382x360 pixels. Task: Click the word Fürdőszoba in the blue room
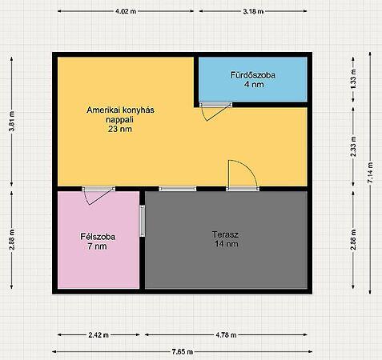point(253,75)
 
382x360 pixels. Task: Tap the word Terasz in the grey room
point(225,234)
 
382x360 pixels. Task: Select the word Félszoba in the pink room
point(98,237)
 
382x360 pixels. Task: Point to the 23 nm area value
point(120,129)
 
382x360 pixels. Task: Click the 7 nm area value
point(97,246)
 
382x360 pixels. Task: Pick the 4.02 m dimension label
point(126,11)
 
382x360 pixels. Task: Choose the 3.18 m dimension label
point(253,11)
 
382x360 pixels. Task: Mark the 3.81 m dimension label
point(12,122)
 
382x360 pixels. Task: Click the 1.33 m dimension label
point(353,79)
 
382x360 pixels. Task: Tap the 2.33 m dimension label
point(353,146)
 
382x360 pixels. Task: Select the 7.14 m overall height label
point(370,173)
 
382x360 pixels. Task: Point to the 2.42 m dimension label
point(99,335)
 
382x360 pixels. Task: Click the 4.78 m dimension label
point(226,335)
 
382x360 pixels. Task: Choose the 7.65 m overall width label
point(183,352)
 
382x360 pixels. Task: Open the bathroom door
point(215,111)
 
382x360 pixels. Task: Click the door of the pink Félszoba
point(99,195)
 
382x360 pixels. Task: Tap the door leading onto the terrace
point(243,175)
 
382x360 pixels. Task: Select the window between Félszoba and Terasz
point(143,221)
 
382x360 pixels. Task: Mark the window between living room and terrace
point(178,189)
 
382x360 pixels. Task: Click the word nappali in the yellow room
point(119,119)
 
